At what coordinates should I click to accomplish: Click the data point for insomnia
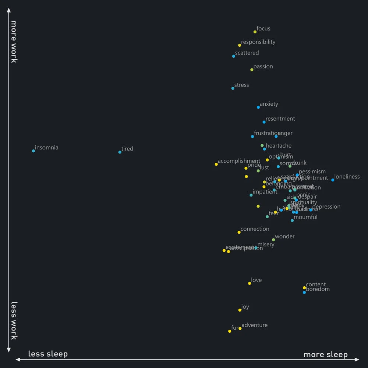coord(33,151)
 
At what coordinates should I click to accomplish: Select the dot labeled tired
coord(120,152)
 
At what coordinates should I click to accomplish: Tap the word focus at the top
coord(263,29)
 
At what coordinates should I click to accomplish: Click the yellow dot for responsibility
coord(240,45)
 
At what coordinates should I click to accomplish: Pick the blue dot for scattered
coord(234,56)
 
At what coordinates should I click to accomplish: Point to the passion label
coord(263,67)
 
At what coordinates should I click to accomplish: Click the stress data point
coord(233,88)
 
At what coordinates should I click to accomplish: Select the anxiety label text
coord(269,104)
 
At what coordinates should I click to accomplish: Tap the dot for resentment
coord(264,122)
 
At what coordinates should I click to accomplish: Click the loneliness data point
coord(333,180)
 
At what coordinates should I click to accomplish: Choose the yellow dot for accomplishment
coord(216,164)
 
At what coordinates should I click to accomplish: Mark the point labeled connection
coord(239,232)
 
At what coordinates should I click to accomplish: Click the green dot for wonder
coord(273,240)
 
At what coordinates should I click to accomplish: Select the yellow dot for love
coord(250,283)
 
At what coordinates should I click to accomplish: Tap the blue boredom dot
coord(304,293)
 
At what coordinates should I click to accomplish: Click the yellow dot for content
coord(304,288)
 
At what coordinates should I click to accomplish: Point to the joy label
coord(245,307)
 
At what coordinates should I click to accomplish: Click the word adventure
coord(254,325)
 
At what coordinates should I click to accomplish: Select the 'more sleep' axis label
coord(325,354)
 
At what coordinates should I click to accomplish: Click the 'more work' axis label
coord(13,41)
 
